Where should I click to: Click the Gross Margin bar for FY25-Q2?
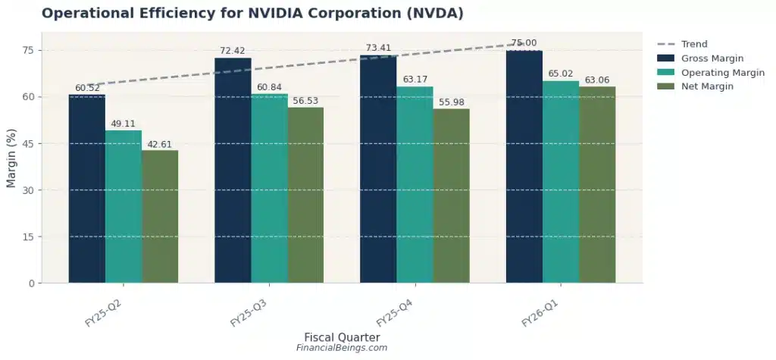point(86,189)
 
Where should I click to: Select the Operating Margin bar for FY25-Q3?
point(269,189)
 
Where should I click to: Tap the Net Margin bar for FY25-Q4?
point(451,196)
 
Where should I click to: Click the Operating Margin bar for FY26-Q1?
point(561,182)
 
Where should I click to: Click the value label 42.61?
point(160,144)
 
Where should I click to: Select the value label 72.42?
point(233,51)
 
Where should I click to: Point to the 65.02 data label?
point(561,74)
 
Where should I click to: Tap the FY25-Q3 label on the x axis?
point(250,311)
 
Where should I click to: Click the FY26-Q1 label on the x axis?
point(541,311)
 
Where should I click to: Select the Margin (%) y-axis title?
point(11,158)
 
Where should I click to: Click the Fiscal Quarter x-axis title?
point(342,337)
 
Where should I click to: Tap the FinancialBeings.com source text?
point(342,348)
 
